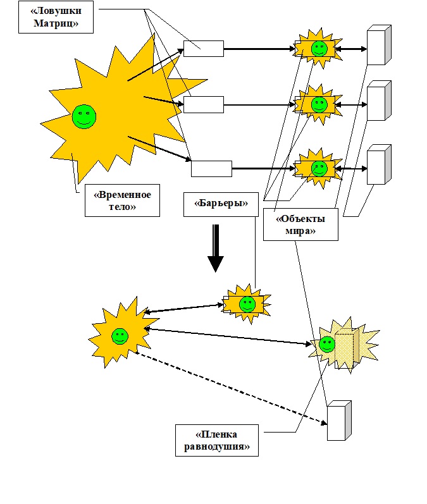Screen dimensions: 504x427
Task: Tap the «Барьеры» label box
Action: [x=215, y=204]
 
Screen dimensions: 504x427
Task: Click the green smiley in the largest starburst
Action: [x=84, y=116]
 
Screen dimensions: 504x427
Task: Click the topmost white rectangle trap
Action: [x=203, y=49]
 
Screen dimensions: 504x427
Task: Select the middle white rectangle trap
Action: [x=204, y=104]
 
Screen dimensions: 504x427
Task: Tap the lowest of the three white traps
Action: [x=211, y=169]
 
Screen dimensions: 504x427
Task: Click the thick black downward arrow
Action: [x=216, y=248]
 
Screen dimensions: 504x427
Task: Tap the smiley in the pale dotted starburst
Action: [x=326, y=344]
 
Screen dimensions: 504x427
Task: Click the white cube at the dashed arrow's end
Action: [x=338, y=421]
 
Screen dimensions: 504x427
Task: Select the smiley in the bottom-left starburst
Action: [x=120, y=336]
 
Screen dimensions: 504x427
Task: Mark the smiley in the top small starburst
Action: [x=319, y=47]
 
